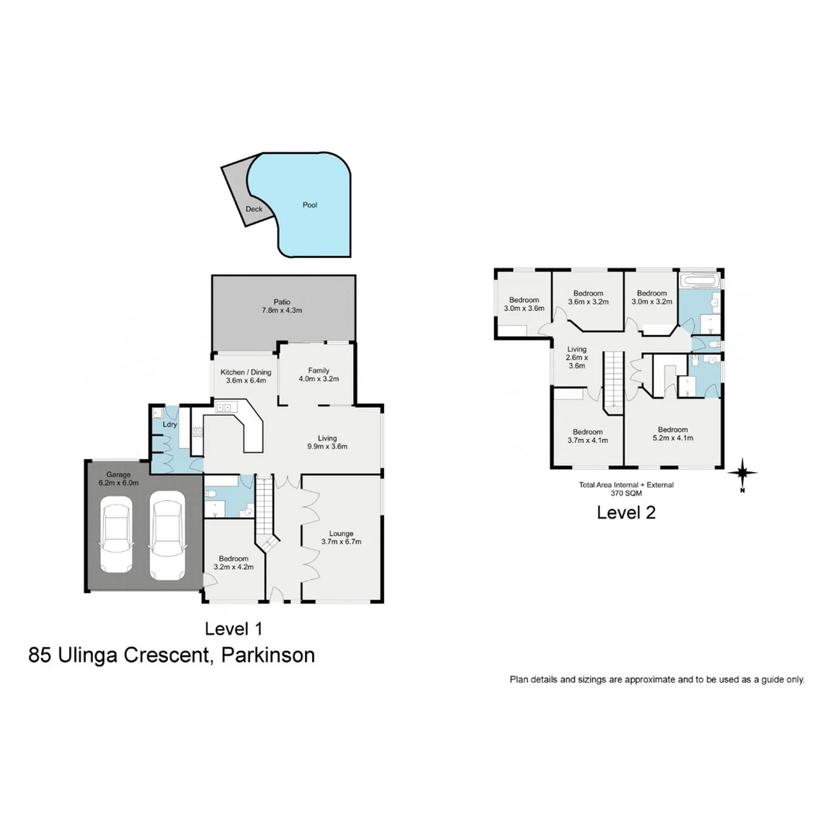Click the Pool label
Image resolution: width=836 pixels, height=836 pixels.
[x=310, y=205]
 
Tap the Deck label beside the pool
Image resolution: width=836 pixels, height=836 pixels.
[x=254, y=209]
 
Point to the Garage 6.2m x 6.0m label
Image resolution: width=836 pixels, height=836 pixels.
[x=112, y=479]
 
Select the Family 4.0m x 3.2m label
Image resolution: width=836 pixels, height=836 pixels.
[x=319, y=375]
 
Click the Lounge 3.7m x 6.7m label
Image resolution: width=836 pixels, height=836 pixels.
[x=341, y=537]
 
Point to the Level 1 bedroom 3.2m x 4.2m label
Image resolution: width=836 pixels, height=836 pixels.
[x=233, y=563]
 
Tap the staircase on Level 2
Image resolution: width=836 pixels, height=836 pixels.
[x=613, y=379]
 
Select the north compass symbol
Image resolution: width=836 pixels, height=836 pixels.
[x=742, y=471]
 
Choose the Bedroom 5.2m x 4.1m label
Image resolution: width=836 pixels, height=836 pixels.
[x=673, y=433]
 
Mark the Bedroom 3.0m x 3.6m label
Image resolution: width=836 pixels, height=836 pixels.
[x=524, y=304]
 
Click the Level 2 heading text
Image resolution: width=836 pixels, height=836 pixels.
[x=626, y=512]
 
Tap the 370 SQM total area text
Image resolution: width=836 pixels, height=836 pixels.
[x=626, y=492]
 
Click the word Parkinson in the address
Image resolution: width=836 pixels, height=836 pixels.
[x=268, y=655]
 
